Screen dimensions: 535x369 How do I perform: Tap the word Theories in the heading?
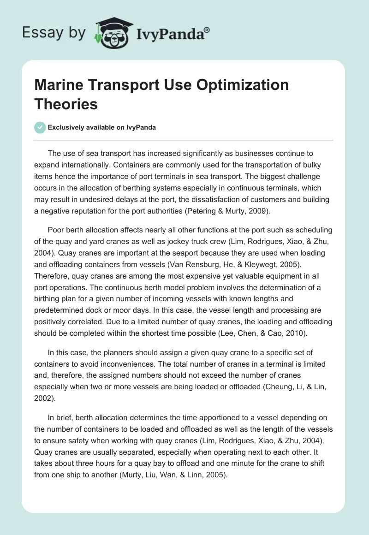click(x=66, y=104)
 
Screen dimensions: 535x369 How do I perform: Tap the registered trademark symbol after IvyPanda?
click(x=207, y=30)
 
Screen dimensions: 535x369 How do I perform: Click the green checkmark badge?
click(x=40, y=127)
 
